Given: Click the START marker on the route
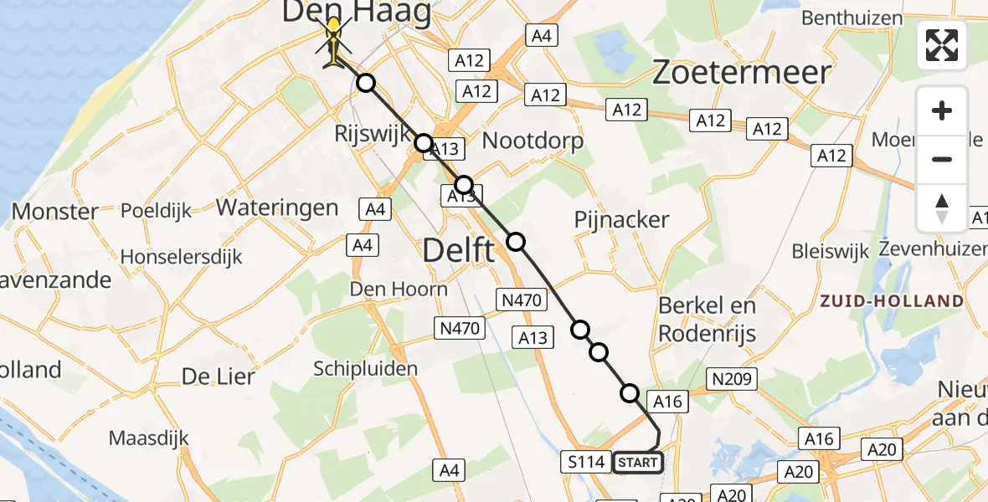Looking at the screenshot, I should click(x=638, y=462).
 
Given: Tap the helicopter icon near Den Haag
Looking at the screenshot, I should click(x=333, y=43).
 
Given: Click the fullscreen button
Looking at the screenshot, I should click(x=942, y=45).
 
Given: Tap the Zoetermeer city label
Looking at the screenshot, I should click(x=741, y=74).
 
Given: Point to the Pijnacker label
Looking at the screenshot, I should click(x=621, y=220).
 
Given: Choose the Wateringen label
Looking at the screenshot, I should click(x=278, y=207).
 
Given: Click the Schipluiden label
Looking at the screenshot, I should click(x=365, y=368).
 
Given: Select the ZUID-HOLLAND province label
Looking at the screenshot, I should click(x=892, y=301).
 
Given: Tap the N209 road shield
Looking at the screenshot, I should click(x=733, y=379).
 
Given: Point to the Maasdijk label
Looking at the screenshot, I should click(x=148, y=438).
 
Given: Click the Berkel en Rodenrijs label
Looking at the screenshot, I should click(x=708, y=320).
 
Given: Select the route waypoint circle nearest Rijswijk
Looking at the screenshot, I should click(x=424, y=143).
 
